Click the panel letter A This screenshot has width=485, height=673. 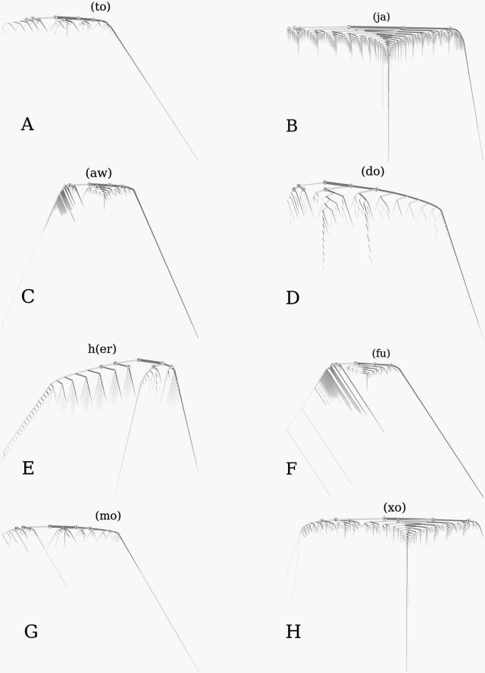(x=27, y=124)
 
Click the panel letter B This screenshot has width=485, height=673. (x=292, y=126)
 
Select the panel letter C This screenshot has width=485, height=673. (x=28, y=297)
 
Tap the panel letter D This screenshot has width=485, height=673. (x=293, y=298)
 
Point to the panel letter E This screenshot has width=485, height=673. (x=28, y=469)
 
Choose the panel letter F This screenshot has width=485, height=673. (x=291, y=469)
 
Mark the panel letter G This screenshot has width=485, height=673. (x=31, y=632)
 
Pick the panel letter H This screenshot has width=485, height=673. (x=293, y=632)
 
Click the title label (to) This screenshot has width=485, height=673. (x=100, y=7)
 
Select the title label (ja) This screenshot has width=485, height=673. (x=381, y=17)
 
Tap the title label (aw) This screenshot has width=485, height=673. (x=99, y=173)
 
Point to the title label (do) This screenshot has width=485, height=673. (x=373, y=171)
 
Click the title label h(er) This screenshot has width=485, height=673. (x=102, y=348)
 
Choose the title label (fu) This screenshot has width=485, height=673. (x=381, y=354)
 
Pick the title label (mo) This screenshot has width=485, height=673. (x=108, y=515)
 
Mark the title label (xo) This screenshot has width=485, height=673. (x=394, y=508)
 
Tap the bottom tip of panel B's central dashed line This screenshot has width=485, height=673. (x=388, y=160)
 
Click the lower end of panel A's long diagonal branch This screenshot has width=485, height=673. (x=198, y=160)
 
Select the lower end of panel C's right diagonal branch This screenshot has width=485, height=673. (x=198, y=338)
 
